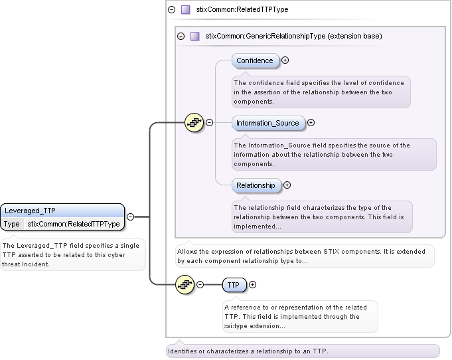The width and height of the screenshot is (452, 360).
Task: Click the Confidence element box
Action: pyautogui.click(x=256, y=60)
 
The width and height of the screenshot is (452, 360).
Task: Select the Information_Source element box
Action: pyautogui.click(x=268, y=123)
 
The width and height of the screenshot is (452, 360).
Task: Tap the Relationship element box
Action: pyautogui.click(x=256, y=185)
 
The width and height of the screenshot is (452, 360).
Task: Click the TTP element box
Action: pyautogui.click(x=235, y=285)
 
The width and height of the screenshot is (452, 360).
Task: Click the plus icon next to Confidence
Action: pyautogui.click(x=285, y=60)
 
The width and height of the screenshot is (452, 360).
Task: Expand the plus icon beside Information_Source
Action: pyautogui.click(x=311, y=123)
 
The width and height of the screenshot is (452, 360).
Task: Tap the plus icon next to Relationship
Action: pyautogui.click(x=287, y=185)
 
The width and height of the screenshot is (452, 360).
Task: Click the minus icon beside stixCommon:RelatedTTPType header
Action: pyautogui.click(x=171, y=10)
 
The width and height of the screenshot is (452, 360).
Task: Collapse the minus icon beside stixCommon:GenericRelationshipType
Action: pyautogui.click(x=181, y=36)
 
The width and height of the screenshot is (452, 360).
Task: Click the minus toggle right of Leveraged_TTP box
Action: pyautogui.click(x=130, y=217)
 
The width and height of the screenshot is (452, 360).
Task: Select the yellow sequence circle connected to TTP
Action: pyautogui.click(x=185, y=285)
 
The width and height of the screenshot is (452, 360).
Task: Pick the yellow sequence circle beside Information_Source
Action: pyautogui.click(x=194, y=123)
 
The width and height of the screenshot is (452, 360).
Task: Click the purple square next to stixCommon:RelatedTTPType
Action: pyautogui.click(x=186, y=10)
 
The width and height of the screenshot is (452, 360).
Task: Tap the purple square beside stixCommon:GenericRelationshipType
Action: pyautogui.click(x=195, y=36)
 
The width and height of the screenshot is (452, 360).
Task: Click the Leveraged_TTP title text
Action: pyautogui.click(x=30, y=211)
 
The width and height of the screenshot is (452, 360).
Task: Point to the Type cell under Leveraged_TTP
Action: pyautogui.click(x=12, y=224)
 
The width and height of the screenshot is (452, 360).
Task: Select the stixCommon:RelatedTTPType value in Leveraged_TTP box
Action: pyautogui.click(x=74, y=224)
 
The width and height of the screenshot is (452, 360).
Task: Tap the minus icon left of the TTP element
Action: pyautogui.click(x=200, y=285)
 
